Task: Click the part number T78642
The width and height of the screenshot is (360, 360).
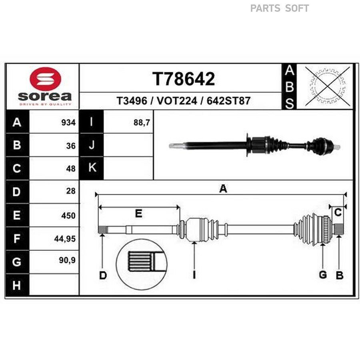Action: tap(184, 79)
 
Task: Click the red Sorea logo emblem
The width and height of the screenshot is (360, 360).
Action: tap(45, 78)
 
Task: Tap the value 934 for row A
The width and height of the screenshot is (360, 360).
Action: tap(68, 122)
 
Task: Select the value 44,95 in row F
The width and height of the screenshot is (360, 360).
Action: tap(65, 239)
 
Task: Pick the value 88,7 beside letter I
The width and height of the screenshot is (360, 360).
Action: tap(142, 122)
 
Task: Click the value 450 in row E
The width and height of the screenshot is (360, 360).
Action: tap(68, 216)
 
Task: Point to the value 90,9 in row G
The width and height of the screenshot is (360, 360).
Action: tap(67, 260)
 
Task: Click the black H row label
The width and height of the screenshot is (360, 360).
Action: tap(17, 285)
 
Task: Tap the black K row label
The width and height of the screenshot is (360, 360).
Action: tap(91, 168)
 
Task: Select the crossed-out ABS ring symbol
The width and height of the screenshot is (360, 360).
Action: tap(328, 86)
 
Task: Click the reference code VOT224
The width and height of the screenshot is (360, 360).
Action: tap(177, 101)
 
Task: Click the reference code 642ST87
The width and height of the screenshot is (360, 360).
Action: tap(228, 101)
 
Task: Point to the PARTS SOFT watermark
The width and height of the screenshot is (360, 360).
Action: tap(280, 8)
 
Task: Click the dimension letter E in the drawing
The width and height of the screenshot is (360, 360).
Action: tap(138, 214)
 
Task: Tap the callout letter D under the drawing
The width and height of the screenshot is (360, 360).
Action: tap(103, 275)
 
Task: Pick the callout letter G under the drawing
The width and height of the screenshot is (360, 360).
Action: tap(323, 274)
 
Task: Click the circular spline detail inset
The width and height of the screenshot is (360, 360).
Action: tap(142, 264)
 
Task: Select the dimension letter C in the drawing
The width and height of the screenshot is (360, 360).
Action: tap(338, 213)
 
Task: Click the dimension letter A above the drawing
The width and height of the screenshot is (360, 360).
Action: tap(223, 189)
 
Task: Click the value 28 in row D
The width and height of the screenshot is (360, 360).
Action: tap(71, 191)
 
